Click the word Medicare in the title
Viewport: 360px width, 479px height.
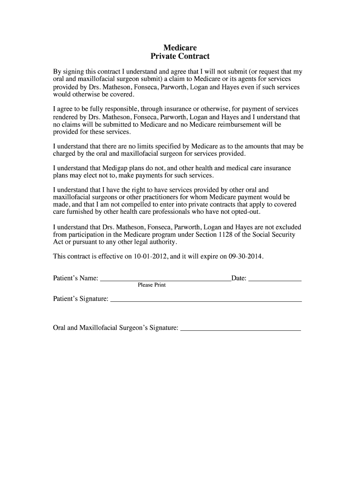(x=180, y=48)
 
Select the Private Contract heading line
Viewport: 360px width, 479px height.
(x=180, y=57)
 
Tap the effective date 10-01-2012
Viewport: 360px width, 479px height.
(x=151, y=257)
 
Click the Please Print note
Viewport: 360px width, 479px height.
(x=151, y=285)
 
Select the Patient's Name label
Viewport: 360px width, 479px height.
(x=76, y=278)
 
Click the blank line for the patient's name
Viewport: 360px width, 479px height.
(x=166, y=280)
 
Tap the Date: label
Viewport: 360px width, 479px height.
(x=239, y=278)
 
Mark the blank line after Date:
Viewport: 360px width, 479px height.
(x=275, y=280)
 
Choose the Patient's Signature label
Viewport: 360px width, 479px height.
(x=81, y=298)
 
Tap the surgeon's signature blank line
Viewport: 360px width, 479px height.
(x=240, y=330)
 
